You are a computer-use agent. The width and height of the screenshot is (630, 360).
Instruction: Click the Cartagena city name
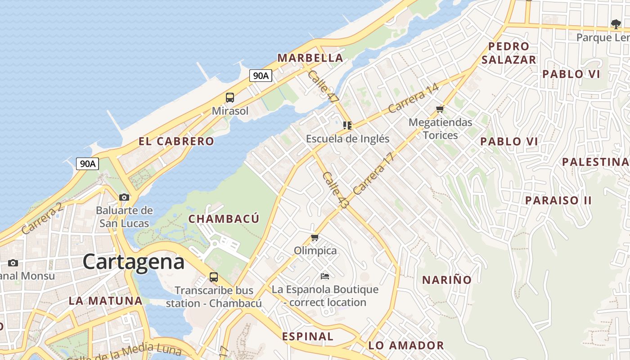(133, 262)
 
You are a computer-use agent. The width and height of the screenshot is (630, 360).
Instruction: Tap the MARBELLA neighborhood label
(310, 58)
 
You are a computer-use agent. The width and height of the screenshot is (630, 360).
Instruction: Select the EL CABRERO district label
(176, 141)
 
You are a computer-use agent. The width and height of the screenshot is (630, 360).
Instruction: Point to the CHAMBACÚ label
(224, 219)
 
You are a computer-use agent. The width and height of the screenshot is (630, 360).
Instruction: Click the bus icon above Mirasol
(230, 97)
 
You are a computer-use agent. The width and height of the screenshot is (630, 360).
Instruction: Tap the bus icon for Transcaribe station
(214, 277)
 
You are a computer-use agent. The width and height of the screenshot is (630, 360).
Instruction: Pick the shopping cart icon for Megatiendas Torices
(440, 109)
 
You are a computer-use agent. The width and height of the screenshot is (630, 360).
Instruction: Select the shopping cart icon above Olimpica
(315, 237)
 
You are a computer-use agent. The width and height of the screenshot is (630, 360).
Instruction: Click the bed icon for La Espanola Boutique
(325, 275)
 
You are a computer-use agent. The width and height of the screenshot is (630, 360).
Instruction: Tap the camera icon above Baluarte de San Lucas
(124, 197)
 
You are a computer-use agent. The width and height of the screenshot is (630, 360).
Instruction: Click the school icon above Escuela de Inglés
(347, 125)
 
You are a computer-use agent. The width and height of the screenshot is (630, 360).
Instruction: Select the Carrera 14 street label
(413, 99)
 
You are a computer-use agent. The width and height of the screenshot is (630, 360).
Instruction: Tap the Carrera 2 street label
(41, 219)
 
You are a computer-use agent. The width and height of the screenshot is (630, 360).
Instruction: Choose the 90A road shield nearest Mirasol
(261, 76)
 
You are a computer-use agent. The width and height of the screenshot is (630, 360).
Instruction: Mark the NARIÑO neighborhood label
(446, 280)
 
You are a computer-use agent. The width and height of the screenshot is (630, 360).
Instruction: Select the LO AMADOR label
(406, 346)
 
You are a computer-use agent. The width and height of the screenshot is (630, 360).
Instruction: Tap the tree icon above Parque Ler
(616, 24)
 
